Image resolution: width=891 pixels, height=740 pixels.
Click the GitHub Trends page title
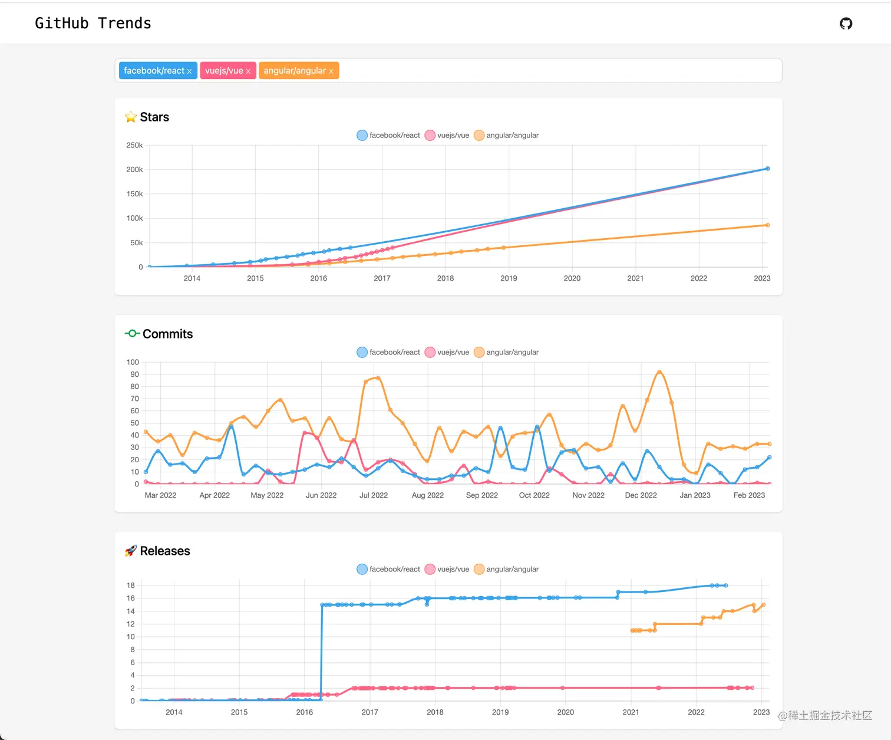point(93,23)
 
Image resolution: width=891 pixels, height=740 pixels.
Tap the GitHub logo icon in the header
point(846,24)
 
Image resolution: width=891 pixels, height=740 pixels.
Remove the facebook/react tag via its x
point(189,71)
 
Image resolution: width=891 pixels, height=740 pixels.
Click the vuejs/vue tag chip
point(224,71)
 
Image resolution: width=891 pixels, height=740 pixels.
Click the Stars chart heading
point(154,117)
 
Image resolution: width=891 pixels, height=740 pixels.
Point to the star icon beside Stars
point(131,117)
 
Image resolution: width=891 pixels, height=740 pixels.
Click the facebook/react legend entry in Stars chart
point(388,135)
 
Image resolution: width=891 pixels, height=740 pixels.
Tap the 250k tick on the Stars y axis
point(134,145)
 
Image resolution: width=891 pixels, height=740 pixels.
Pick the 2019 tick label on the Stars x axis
point(509,278)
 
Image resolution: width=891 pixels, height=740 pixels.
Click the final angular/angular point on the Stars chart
point(767,225)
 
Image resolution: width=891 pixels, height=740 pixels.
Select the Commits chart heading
point(167,334)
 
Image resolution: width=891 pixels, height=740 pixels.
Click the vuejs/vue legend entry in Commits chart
point(447,352)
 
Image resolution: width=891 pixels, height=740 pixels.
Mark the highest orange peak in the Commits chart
point(659,372)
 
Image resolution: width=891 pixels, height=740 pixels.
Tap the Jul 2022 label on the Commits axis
point(374,495)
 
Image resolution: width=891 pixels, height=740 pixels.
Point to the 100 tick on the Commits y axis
point(133,362)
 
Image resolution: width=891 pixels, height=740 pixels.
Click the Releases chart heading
point(165,551)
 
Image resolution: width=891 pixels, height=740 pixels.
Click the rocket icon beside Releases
point(131,551)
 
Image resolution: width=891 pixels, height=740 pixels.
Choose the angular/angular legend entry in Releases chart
point(507,569)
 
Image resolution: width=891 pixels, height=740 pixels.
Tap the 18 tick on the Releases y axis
point(131,586)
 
